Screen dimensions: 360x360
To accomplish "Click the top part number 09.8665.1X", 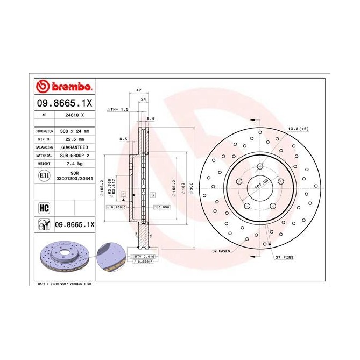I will (65, 102).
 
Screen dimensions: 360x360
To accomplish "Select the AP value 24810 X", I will (73, 115).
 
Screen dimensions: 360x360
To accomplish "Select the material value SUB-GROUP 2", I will (73, 154).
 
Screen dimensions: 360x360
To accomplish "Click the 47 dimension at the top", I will (138, 90).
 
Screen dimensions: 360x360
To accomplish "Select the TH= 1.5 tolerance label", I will (119, 109).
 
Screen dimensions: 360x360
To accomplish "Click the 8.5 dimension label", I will (123, 139).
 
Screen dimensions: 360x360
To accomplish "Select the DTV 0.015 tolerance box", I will (144, 256).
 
